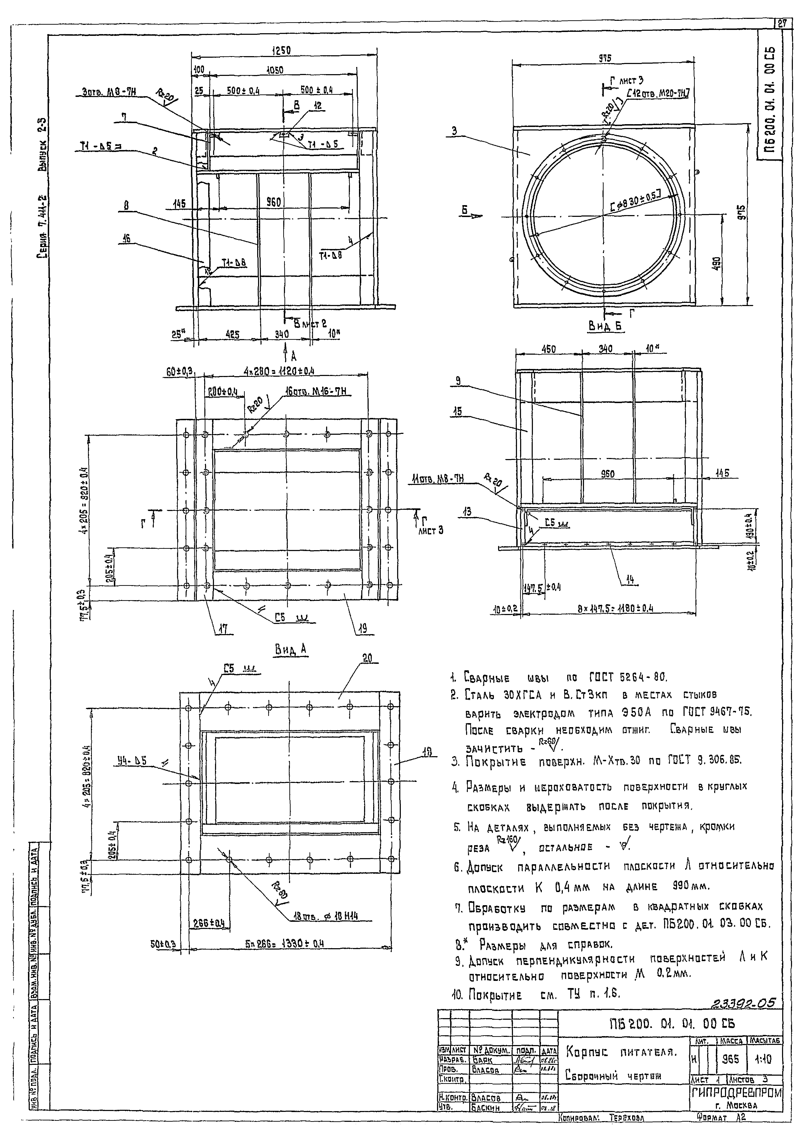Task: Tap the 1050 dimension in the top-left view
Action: coord(274,70)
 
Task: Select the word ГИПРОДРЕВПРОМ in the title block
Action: coord(736,1092)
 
